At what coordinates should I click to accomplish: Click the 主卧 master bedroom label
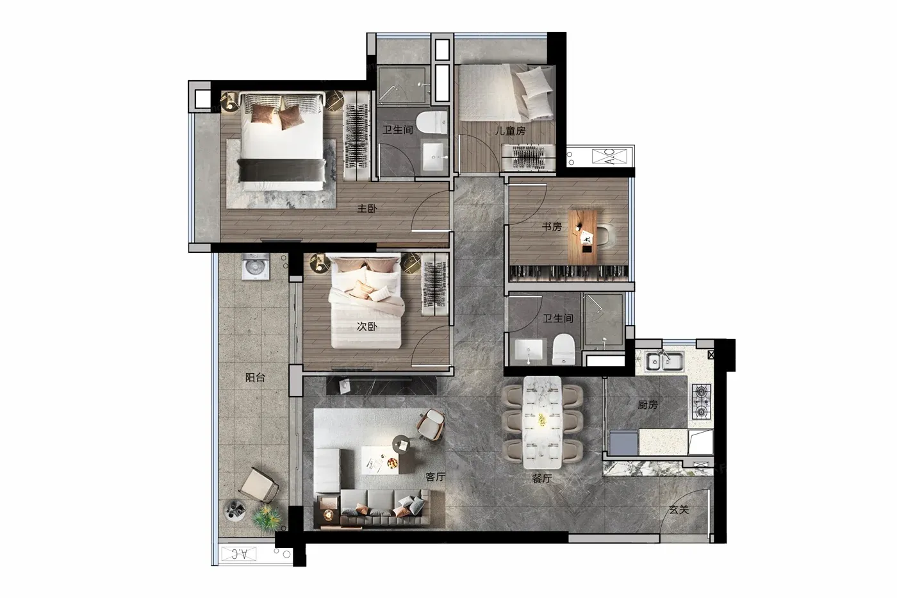coord(367,208)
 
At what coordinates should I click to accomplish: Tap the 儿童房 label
coord(510,131)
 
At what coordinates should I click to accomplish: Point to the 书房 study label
coord(552,227)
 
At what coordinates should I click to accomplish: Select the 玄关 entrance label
coord(679,510)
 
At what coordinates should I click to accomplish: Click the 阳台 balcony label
coord(255,377)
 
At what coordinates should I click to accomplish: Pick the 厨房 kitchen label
coord(648,405)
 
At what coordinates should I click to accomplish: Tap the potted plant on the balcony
coord(267,519)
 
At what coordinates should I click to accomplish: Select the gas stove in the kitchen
coord(701,401)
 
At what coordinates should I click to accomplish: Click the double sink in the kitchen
coord(664,361)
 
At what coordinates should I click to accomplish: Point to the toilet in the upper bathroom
coord(432,122)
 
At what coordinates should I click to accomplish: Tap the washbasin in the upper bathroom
coord(434,157)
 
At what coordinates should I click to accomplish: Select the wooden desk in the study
coord(582,237)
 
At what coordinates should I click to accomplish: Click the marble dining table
coord(542,422)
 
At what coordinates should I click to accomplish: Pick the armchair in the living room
coord(431,425)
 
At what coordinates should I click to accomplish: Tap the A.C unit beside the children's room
coord(609,156)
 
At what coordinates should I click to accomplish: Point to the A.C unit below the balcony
coord(240,554)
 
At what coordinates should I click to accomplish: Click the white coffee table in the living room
coord(379,460)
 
